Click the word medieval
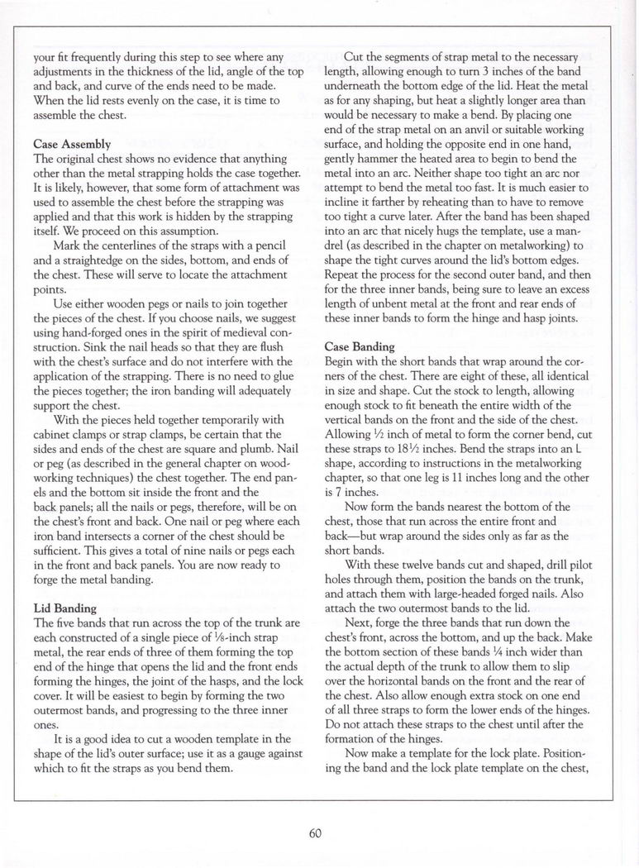(223, 331)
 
